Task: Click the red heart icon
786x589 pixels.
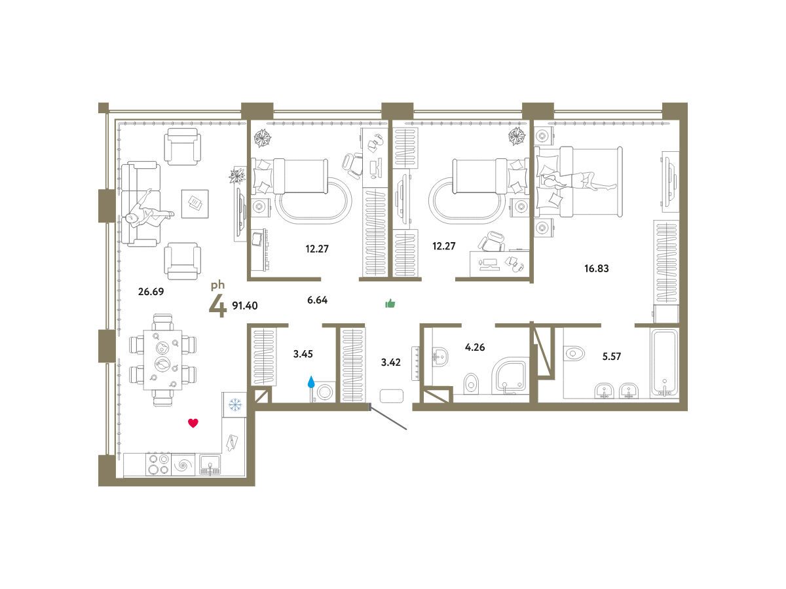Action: (193, 423)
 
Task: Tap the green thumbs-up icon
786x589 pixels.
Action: (390, 304)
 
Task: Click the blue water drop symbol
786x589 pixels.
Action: (311, 382)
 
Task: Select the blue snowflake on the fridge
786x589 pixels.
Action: (235, 405)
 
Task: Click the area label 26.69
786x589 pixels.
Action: (151, 291)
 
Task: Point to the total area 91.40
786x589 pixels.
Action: (245, 306)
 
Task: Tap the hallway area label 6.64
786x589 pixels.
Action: (317, 300)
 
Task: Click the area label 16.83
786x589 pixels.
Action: (597, 268)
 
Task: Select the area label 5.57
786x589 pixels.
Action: (612, 356)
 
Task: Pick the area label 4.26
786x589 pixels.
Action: (475, 347)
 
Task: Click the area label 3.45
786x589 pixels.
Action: (303, 354)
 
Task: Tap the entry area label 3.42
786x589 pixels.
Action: (390, 363)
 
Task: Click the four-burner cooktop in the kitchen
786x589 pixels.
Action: (159, 464)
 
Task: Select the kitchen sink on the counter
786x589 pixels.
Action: (210, 465)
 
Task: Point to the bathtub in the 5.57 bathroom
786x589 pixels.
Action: (665, 363)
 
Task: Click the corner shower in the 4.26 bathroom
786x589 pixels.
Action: (510, 376)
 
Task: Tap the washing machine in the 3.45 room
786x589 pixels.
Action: (324, 392)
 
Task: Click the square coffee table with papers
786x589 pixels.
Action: (195, 204)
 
